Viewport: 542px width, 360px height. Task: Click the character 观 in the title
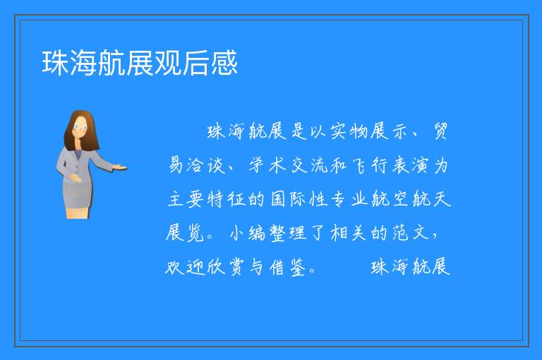tap(168, 63)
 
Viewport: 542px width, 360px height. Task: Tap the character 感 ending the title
tap(224, 63)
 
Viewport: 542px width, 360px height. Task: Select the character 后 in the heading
tap(196, 63)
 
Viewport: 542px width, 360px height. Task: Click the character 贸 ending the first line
tap(440, 131)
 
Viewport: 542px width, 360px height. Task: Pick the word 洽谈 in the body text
tap(206, 165)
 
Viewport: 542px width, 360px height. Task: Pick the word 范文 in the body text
tap(410, 233)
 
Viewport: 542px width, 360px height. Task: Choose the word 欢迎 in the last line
tap(186, 267)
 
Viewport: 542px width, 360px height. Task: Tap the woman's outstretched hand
tap(119, 168)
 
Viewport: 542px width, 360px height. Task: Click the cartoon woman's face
tap(80, 127)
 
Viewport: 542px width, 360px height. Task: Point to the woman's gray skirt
tap(78, 194)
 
